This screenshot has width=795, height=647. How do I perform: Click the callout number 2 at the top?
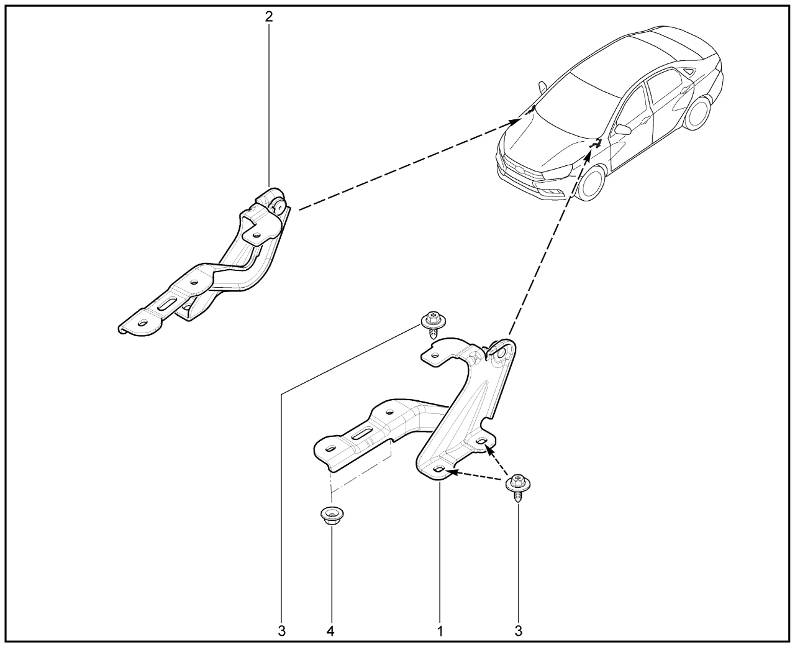tap(269, 16)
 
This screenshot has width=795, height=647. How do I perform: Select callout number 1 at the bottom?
tap(440, 631)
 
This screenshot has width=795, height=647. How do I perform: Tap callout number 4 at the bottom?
tap(330, 631)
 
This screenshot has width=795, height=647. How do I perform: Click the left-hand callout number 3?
tap(282, 631)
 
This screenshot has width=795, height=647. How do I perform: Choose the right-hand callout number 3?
tap(518, 631)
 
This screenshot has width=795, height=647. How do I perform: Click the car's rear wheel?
tap(698, 112)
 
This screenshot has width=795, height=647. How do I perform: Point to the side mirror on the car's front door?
tap(622, 129)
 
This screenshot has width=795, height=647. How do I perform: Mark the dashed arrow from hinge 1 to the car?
tap(550, 242)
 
